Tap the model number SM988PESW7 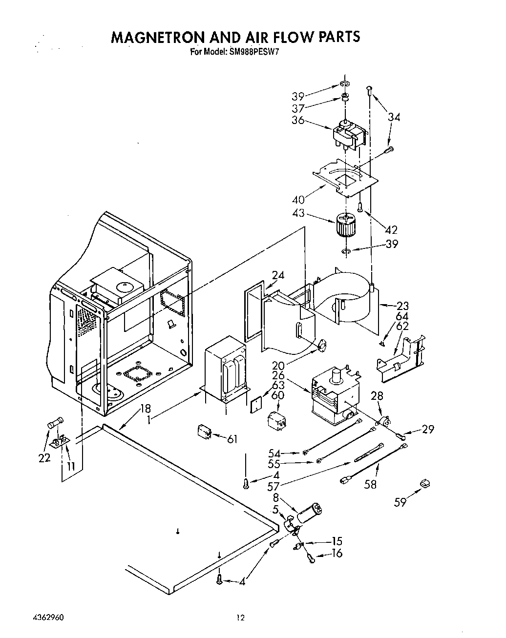point(254,50)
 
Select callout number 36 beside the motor point(298,120)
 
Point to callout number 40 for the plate point(298,199)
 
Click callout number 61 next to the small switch point(232,439)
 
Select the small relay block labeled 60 point(276,421)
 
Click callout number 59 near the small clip point(401,501)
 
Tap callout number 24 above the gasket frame point(278,275)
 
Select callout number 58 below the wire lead point(371,485)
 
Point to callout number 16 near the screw point(337,553)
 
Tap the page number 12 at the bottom point(240,617)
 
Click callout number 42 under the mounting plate point(391,229)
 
